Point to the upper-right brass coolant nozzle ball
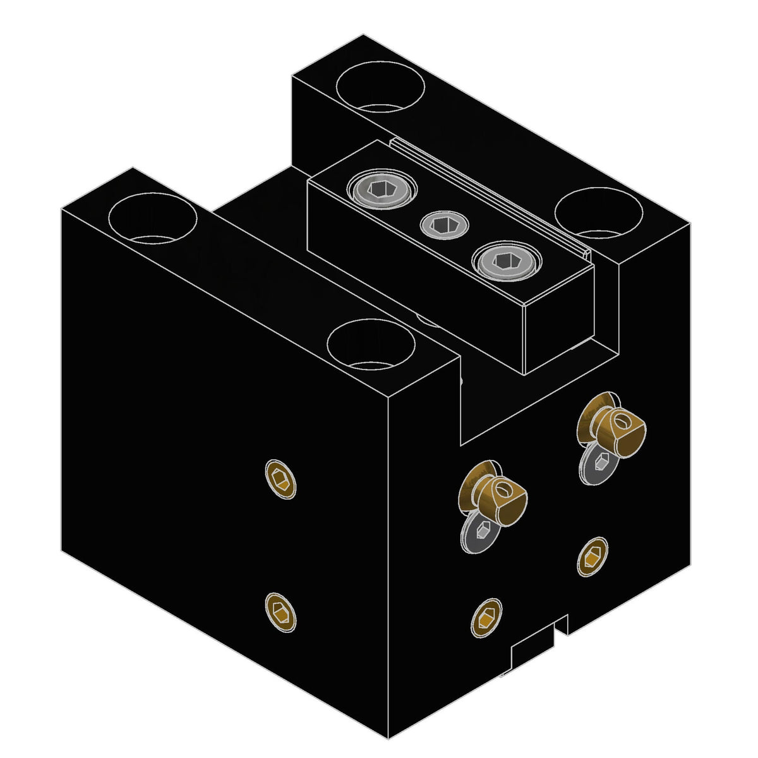point(617,426)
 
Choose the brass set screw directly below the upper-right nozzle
point(593,556)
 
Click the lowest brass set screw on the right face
point(486,617)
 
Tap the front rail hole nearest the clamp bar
point(371,344)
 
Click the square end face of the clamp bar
point(558,322)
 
